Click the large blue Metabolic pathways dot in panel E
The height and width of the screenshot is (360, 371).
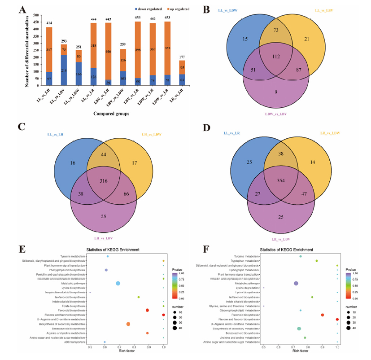pos(118,283)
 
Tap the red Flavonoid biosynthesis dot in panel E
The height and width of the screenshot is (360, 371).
pos(147,310)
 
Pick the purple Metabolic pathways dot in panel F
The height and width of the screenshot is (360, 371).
pos(296,283)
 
